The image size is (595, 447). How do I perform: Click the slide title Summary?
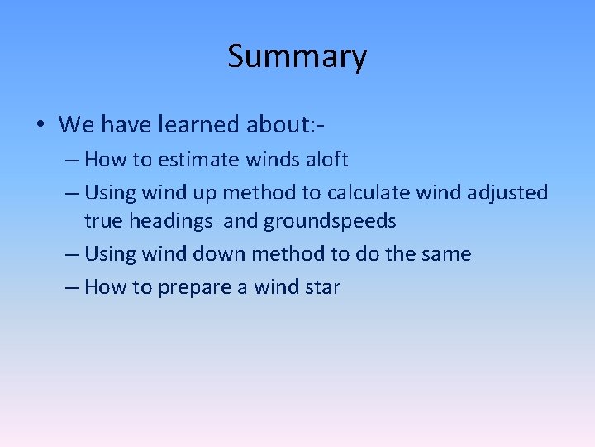(x=297, y=57)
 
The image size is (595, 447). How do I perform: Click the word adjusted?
(x=506, y=193)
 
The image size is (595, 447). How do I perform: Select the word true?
(x=103, y=221)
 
